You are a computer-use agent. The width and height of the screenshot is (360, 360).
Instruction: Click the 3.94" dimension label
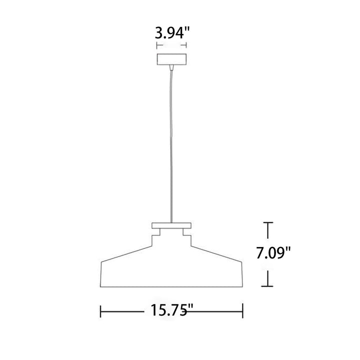click(x=172, y=33)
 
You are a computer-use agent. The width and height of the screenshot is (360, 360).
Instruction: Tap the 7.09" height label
click(x=273, y=253)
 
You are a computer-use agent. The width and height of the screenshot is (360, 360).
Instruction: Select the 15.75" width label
click(x=171, y=310)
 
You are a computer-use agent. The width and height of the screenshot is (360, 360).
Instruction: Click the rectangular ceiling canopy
click(x=171, y=59)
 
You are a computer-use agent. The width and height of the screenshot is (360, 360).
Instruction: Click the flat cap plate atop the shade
click(x=171, y=225)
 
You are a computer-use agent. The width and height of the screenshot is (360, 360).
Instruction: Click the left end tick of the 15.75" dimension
click(x=100, y=311)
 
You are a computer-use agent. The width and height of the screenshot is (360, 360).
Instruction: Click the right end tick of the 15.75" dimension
click(x=242, y=311)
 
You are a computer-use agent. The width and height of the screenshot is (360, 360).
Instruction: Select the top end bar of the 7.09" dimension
click(x=267, y=222)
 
